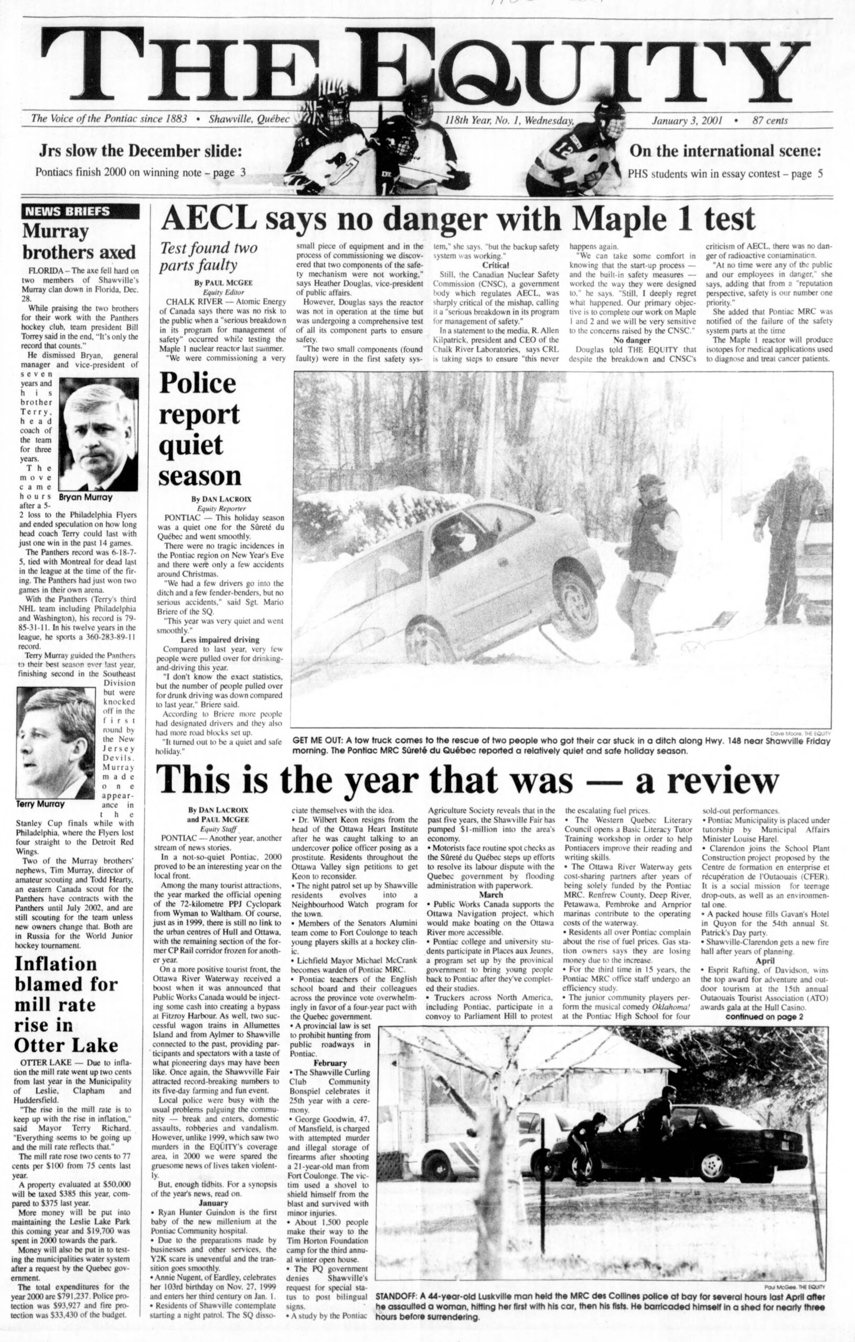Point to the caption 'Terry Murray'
[41, 804]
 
